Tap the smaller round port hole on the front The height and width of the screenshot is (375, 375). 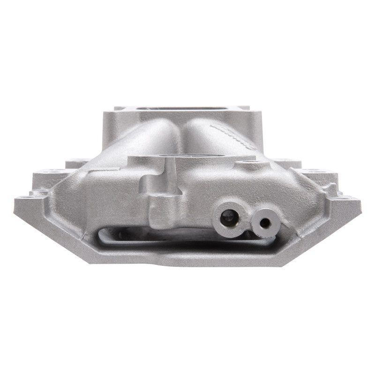point(265,223)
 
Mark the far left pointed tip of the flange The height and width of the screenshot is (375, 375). point(15,202)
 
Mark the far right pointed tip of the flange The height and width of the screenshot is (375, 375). point(360,202)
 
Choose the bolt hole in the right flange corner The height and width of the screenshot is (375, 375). point(347,198)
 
